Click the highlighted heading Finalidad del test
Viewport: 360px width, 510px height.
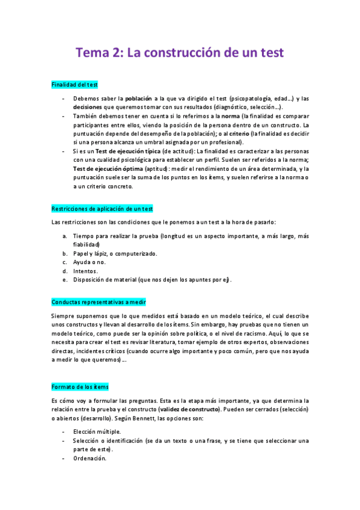(75, 85)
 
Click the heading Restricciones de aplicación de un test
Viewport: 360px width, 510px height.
(102, 209)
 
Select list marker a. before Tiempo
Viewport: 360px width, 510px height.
(64, 236)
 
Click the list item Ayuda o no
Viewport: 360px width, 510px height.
(89, 262)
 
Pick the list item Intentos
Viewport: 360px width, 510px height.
(85, 271)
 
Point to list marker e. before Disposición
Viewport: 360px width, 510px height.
(64, 280)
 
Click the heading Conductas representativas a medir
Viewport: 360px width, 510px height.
(99, 302)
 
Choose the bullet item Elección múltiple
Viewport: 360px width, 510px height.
(97, 432)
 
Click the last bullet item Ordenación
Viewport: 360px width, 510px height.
(90, 458)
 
